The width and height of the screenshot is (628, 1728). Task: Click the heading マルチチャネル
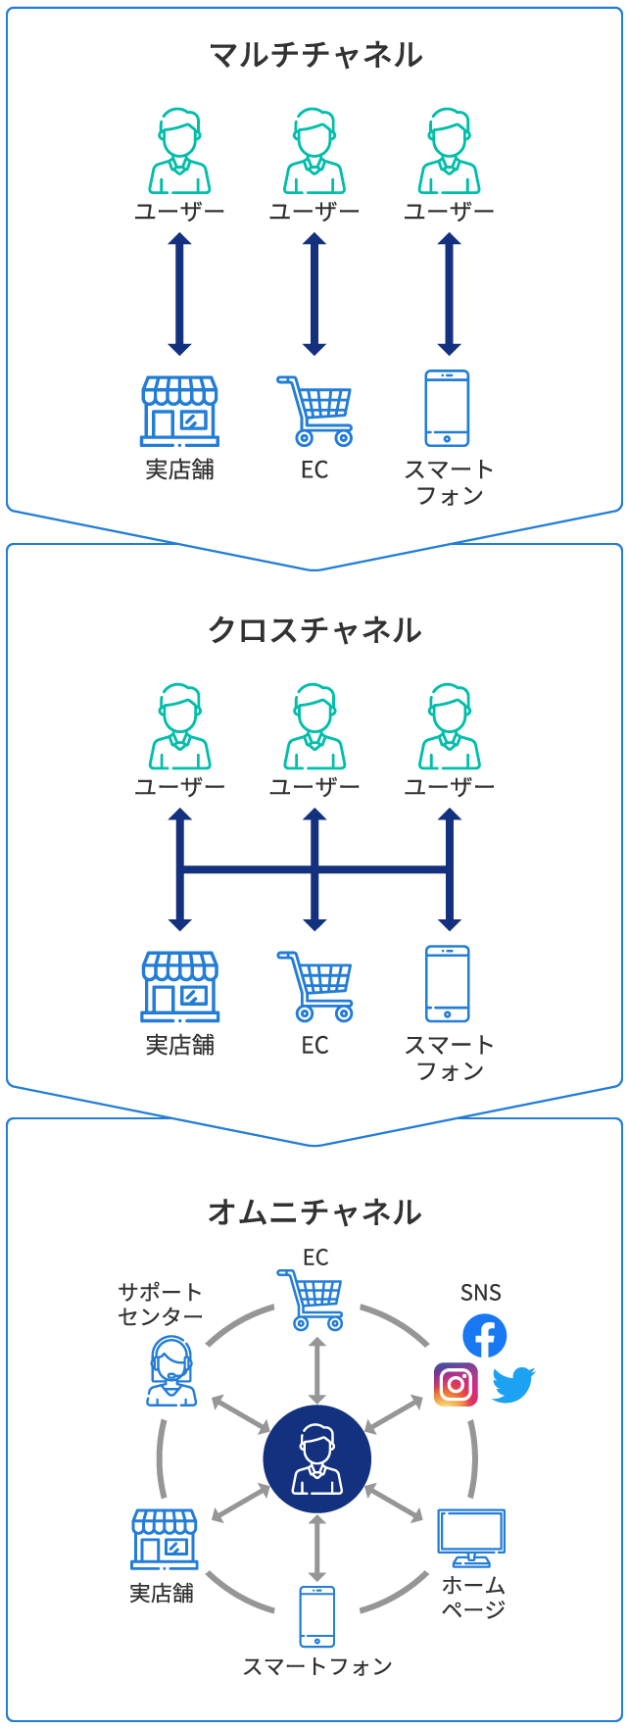pyautogui.click(x=315, y=54)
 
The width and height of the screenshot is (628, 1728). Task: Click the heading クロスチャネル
pyautogui.click(x=315, y=629)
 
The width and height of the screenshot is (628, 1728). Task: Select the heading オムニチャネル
pyautogui.click(x=315, y=1212)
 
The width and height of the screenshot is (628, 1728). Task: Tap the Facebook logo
pyautogui.click(x=484, y=1335)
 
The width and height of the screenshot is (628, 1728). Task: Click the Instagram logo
pyautogui.click(x=456, y=1384)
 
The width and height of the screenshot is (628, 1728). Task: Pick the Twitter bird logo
pyautogui.click(x=512, y=1384)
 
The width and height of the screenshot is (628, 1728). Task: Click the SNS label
pyautogui.click(x=480, y=1293)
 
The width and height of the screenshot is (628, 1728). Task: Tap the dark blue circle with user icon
pyautogui.click(x=316, y=1458)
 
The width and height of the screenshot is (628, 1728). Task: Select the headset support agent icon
pyautogui.click(x=172, y=1370)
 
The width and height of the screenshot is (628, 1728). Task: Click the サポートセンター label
pyautogui.click(x=160, y=1304)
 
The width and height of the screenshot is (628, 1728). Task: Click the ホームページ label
pyautogui.click(x=473, y=1597)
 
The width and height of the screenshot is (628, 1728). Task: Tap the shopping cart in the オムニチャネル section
pyautogui.click(x=313, y=1300)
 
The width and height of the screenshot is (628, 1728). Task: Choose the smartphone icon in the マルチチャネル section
pyautogui.click(x=447, y=408)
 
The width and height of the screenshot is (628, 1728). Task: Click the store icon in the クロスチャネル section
pyautogui.click(x=180, y=985)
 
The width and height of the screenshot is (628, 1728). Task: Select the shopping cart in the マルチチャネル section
pyautogui.click(x=315, y=410)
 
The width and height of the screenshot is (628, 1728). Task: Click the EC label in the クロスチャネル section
pyautogui.click(x=314, y=1045)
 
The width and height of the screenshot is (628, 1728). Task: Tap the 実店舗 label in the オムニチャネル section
pyautogui.click(x=162, y=1593)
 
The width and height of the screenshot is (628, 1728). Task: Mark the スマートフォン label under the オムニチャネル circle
pyautogui.click(x=316, y=1665)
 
